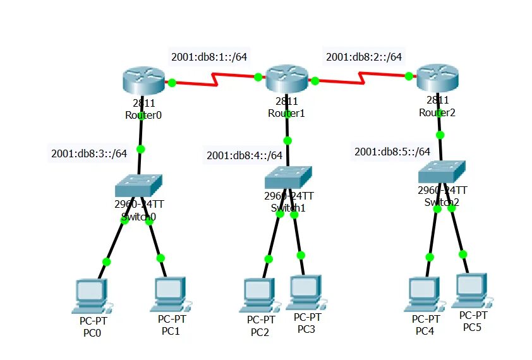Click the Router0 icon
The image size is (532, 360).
click(x=142, y=80)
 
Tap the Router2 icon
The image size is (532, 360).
click(x=437, y=77)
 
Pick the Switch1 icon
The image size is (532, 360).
click(x=288, y=177)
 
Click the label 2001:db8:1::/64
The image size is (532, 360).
click(x=209, y=57)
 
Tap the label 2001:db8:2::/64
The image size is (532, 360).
click(x=364, y=57)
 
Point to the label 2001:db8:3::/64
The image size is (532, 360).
click(x=89, y=153)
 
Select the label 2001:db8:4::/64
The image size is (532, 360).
click(x=245, y=155)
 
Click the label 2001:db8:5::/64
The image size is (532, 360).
click(x=392, y=152)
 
